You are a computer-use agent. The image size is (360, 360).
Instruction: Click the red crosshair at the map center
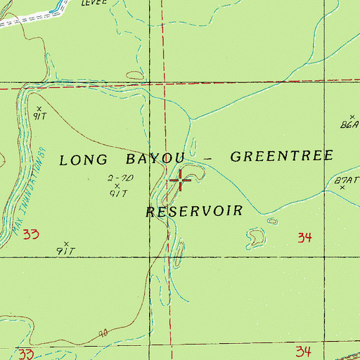tap(180, 181)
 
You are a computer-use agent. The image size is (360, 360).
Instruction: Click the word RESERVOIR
tap(195, 211)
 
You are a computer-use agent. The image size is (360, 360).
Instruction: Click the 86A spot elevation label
tap(349, 125)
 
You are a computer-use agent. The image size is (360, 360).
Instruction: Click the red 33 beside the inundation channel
tap(30, 233)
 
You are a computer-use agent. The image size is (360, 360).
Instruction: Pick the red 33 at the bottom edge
tap(27, 352)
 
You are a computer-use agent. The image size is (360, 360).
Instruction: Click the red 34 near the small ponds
tap(304, 238)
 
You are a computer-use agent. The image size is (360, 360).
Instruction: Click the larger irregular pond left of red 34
tap(256, 237)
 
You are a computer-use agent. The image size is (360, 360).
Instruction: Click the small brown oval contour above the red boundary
tap(134, 75)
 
